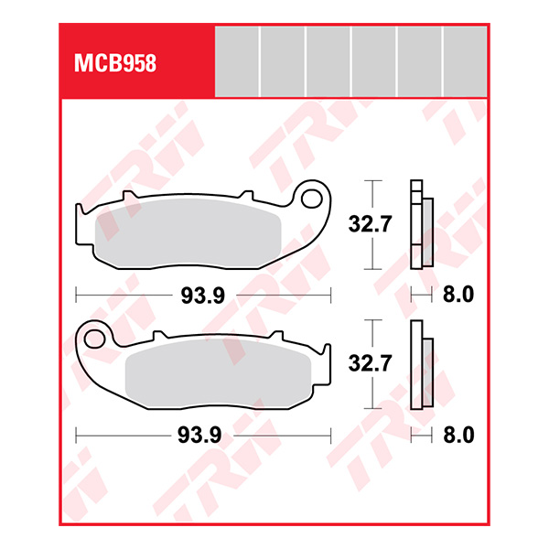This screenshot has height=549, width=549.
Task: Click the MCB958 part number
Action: [114, 64]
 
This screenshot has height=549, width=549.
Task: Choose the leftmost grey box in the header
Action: [237, 60]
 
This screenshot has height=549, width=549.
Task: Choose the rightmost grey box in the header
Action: [465, 60]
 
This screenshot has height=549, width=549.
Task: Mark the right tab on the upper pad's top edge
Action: [245, 196]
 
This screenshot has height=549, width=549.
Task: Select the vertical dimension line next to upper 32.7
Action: [371, 224]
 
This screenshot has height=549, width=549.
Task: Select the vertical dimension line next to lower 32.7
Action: [371, 364]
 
